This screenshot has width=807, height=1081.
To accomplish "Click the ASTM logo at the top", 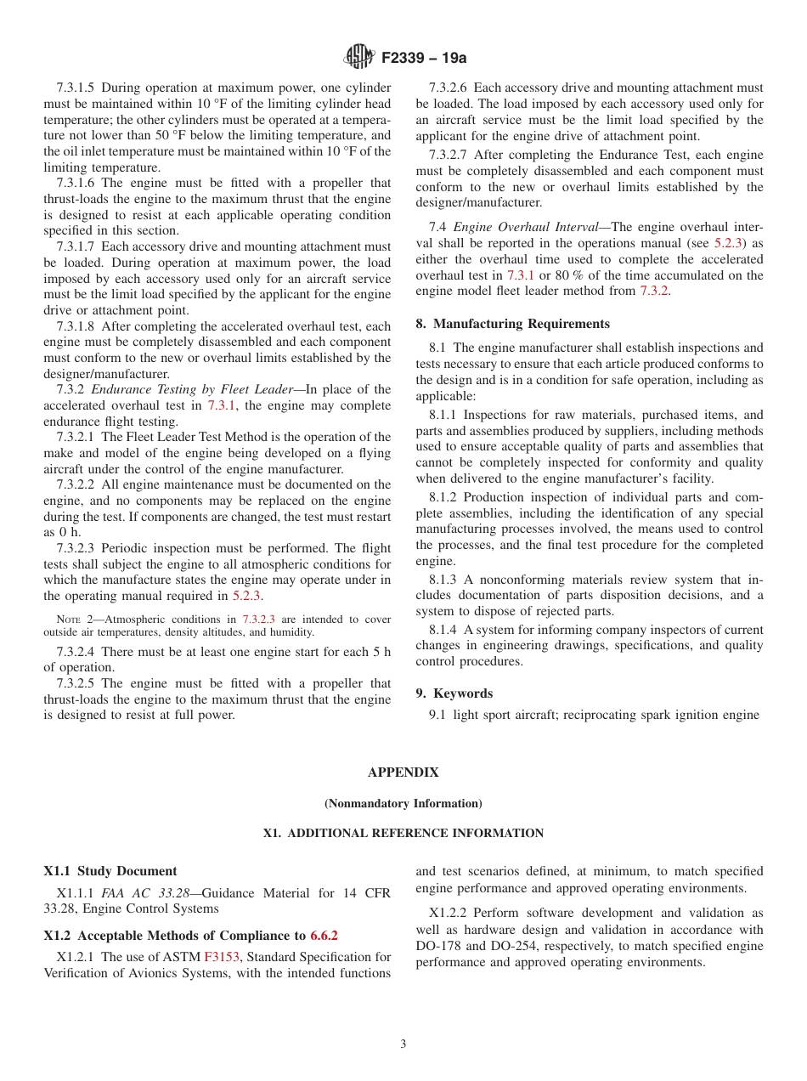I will pos(358,57).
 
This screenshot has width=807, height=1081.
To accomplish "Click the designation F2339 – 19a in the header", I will pos(424,58).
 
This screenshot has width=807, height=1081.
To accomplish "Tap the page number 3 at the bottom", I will pos(403,1044).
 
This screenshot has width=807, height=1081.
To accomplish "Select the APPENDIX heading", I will pos(403,773).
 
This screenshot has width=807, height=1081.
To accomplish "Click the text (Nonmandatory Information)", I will pos(403,803).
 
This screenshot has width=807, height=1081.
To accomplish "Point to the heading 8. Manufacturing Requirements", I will pos(512,324).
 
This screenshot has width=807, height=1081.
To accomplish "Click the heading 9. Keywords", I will pos(454,693).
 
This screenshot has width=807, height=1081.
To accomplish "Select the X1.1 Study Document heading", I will pos(110,871).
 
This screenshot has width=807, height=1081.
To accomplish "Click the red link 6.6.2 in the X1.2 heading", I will pos(324,936).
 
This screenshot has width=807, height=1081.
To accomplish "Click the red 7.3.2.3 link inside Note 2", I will pos(258,620).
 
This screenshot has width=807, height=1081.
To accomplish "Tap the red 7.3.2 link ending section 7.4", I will pos(653,291).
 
